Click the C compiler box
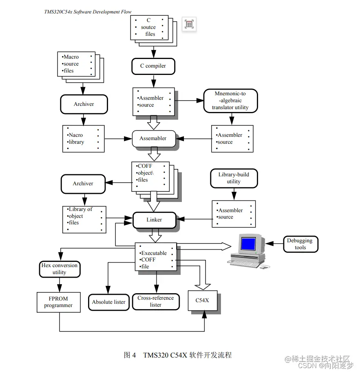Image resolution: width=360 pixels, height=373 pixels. click(x=153, y=66)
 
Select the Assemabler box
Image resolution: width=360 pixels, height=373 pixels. click(x=153, y=138)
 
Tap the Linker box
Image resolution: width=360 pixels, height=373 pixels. click(x=154, y=220)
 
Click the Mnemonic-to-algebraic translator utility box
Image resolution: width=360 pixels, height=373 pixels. click(x=230, y=101)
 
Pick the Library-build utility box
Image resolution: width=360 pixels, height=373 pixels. click(x=234, y=178)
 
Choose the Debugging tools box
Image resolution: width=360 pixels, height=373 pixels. click(x=300, y=244)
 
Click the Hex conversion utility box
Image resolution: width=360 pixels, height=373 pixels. click(x=60, y=269)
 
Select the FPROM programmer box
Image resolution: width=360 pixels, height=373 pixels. click(x=58, y=302)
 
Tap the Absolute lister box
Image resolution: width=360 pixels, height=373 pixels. click(x=109, y=302)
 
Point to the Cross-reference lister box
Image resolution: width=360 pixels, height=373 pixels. click(x=156, y=302)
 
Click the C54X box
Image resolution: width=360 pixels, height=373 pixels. click(x=202, y=301)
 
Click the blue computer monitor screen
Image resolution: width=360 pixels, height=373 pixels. click(x=248, y=244)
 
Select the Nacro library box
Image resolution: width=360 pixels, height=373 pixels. click(x=83, y=139)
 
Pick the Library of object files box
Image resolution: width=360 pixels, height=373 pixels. click(x=84, y=219)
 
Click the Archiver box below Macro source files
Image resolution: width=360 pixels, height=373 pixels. click(x=84, y=104)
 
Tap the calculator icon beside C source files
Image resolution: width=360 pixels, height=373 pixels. click(x=189, y=24)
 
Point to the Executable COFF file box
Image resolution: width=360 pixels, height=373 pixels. click(x=156, y=257)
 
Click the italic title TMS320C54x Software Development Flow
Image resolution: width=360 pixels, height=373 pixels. click(x=88, y=12)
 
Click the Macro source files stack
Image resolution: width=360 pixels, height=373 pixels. click(x=77, y=64)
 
